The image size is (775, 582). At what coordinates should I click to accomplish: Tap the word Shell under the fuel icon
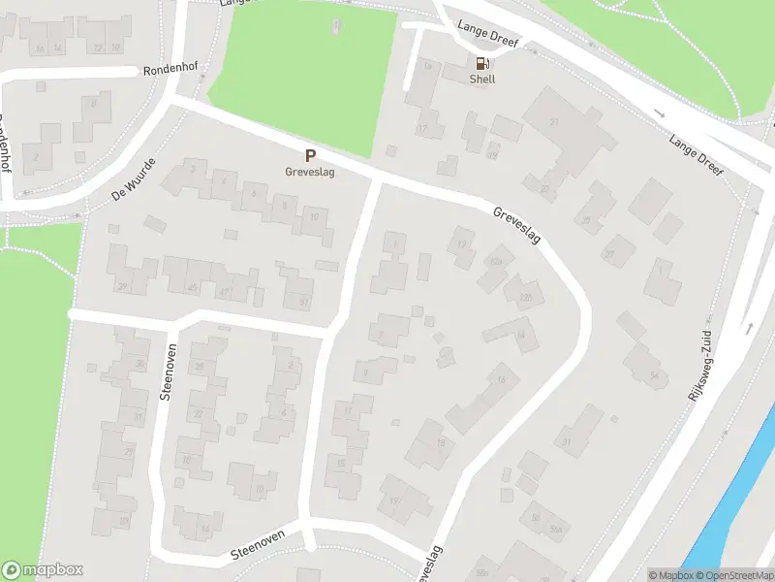[482, 80]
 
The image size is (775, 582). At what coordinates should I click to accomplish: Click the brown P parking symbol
[310, 155]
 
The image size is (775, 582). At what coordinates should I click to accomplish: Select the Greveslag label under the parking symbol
[310, 172]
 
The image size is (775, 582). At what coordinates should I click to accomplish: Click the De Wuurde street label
[134, 181]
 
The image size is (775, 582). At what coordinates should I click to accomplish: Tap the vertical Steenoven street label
[167, 372]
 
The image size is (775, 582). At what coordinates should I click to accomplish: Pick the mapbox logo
[43, 570]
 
